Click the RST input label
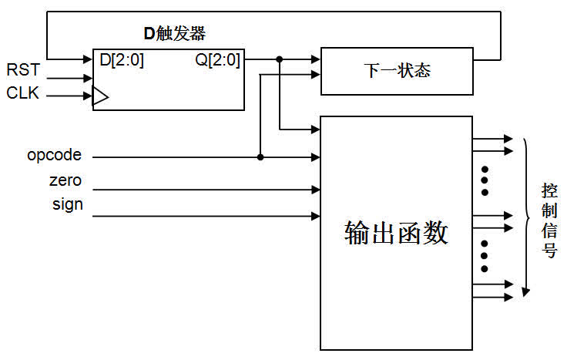point(22,71)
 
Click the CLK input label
point(22,94)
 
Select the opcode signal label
point(54,156)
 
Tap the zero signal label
point(65,182)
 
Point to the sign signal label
point(67,205)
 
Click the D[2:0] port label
point(122,60)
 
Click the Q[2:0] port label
point(217,60)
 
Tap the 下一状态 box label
point(397,71)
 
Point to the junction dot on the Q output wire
point(279,59)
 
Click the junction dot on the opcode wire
point(260,157)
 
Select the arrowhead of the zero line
point(316,189)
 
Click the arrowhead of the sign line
point(316,216)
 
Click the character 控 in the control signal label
point(549,190)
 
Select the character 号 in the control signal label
point(549,251)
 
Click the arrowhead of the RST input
point(88,77)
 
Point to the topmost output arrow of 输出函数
point(508,139)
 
